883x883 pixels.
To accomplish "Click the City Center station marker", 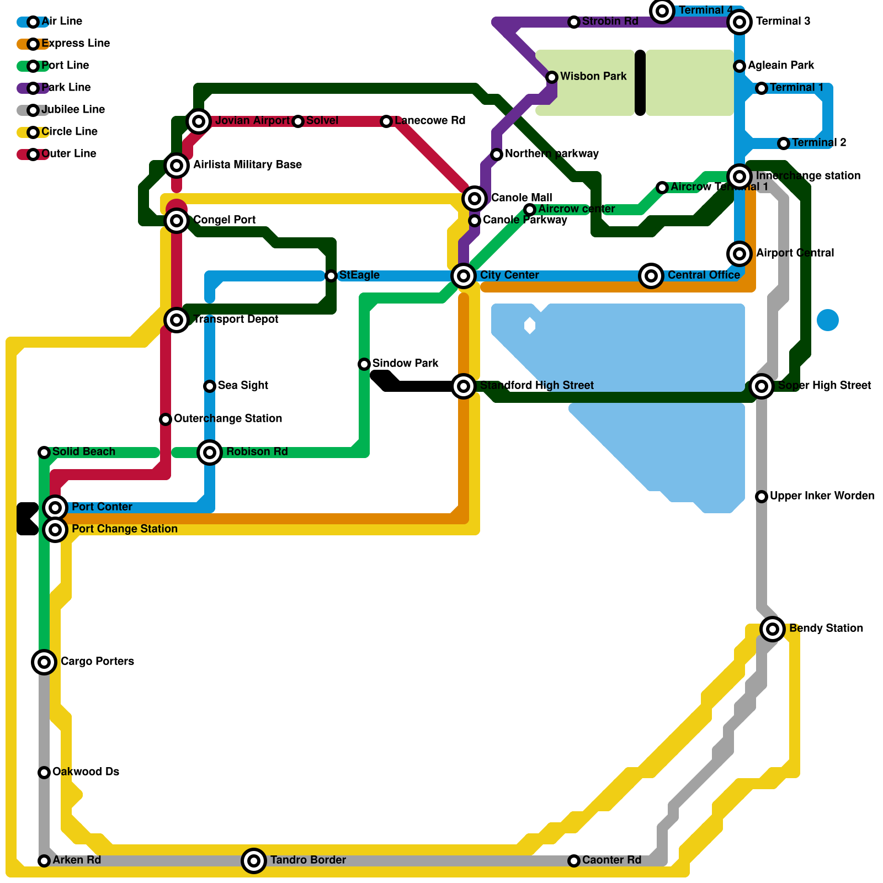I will (x=464, y=275).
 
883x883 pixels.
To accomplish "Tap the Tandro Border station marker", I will (x=254, y=860).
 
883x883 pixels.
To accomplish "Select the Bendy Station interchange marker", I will (x=773, y=629).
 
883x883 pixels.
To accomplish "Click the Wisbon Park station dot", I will (x=552, y=77).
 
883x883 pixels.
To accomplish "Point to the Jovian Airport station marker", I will (x=199, y=121).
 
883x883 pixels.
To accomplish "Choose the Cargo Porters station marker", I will (x=44, y=662).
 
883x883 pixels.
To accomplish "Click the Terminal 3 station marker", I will (x=740, y=22).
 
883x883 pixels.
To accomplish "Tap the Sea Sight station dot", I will (x=210, y=386).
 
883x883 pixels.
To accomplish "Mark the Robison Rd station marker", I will (x=210, y=453).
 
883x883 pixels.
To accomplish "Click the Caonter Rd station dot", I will (x=574, y=860).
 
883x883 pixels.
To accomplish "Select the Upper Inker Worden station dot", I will (x=762, y=496).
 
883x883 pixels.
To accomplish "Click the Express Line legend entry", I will (x=63, y=44).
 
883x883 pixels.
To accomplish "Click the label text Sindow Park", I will (x=405, y=363).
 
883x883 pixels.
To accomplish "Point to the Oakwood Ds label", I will (x=86, y=772).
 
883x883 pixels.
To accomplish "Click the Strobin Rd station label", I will (x=610, y=22).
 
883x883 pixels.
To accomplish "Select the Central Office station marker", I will (x=651, y=275).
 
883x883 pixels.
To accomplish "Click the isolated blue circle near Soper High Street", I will (x=828, y=320).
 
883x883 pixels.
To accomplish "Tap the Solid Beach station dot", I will (x=44, y=453).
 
